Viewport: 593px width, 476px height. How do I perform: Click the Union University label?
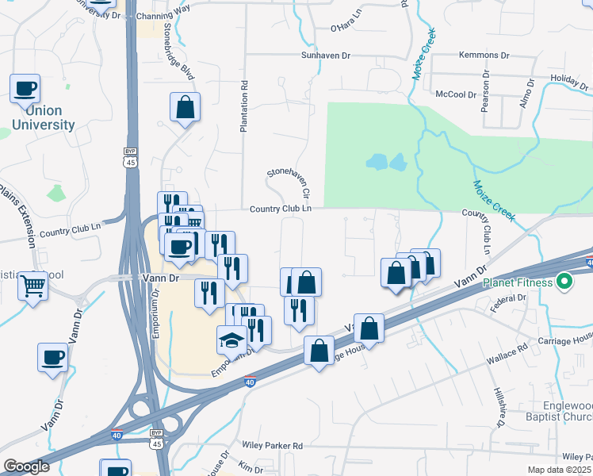click(43, 117)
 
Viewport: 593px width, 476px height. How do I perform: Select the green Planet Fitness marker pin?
click(564, 281)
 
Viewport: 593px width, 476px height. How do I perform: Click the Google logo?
click(26, 466)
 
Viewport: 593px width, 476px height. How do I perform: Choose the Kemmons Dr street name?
click(483, 56)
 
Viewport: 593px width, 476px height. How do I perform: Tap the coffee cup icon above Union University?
click(25, 89)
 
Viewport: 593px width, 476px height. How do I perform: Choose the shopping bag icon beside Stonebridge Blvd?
click(185, 109)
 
